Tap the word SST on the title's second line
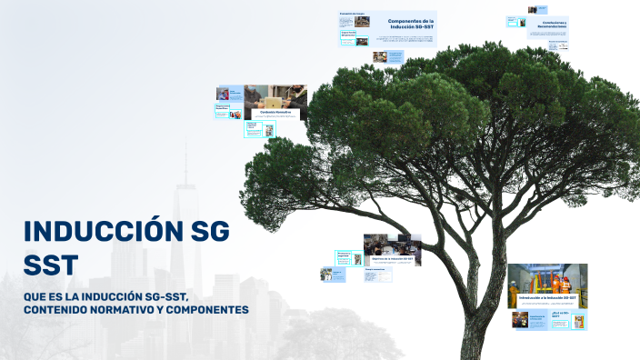(51, 265)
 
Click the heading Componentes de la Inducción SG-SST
(411, 24)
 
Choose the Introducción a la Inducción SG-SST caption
(547, 298)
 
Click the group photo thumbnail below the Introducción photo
(520, 319)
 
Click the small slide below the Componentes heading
(379, 56)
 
